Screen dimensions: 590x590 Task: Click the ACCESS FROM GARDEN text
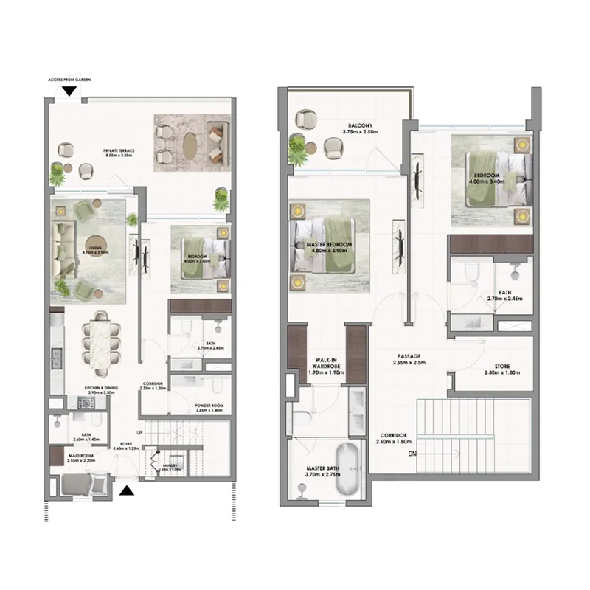68,79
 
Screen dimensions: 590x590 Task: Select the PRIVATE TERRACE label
118,150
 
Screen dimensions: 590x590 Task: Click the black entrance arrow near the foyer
127,489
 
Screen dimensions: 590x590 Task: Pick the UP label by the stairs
139,432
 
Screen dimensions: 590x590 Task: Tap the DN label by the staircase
412,454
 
